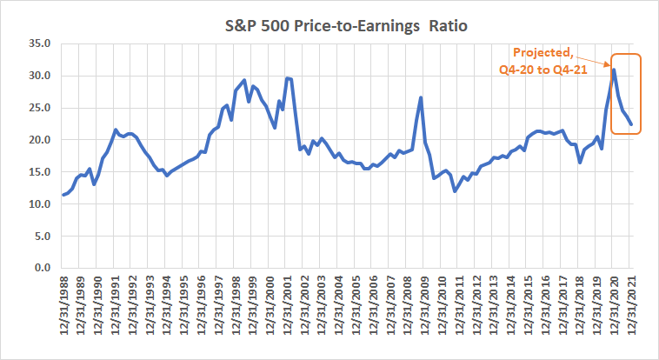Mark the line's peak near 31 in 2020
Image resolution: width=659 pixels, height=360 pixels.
(x=614, y=70)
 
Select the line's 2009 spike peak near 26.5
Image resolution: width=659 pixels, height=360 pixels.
(x=421, y=97)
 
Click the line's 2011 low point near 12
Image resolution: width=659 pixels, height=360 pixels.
(x=455, y=191)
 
